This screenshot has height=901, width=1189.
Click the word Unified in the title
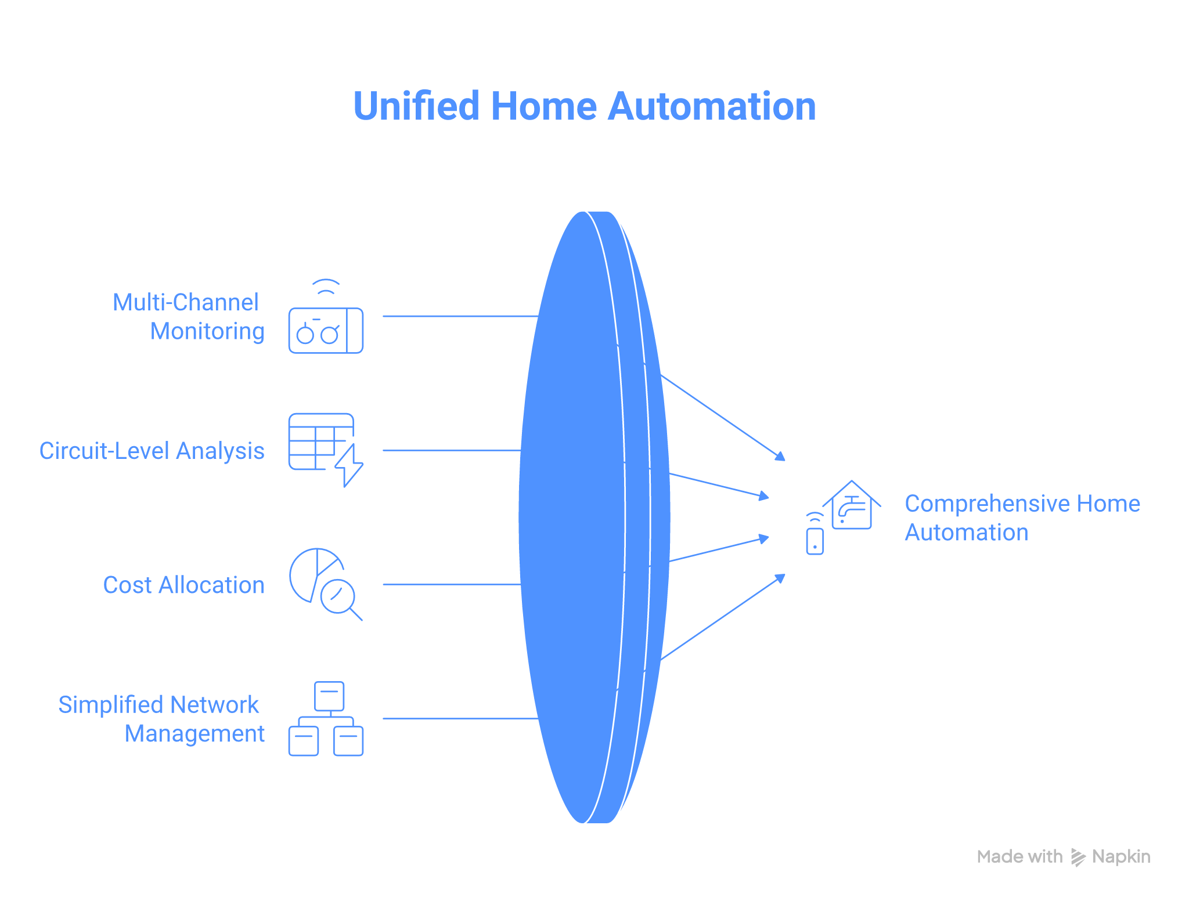click(x=416, y=107)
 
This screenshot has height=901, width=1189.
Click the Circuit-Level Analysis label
click(x=152, y=451)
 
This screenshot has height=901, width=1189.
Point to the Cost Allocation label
click(x=183, y=585)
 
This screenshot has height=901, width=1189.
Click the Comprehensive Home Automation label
click(x=1022, y=518)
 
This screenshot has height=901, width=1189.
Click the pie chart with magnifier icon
click(x=325, y=582)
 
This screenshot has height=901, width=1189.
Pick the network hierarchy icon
click(x=326, y=719)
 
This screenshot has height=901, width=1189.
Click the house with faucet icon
click(x=852, y=506)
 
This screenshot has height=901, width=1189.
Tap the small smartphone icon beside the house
click(x=815, y=540)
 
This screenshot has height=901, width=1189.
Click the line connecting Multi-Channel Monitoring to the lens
click(x=459, y=316)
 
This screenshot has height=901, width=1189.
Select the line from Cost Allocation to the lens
click(x=450, y=584)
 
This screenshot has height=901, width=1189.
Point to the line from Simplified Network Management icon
click(x=459, y=718)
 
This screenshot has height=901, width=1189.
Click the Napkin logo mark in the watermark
click(x=1078, y=857)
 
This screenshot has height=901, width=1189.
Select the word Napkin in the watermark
click(x=1121, y=857)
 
